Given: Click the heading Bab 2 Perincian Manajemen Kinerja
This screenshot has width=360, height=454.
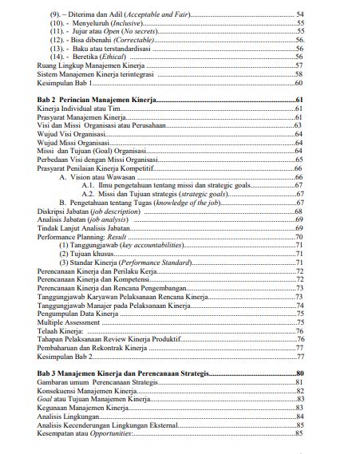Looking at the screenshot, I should click(98, 100).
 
